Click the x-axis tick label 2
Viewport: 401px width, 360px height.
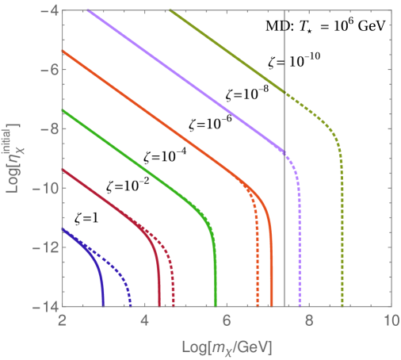pyautogui.click(x=62, y=322)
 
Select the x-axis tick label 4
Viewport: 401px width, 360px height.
pyautogui.click(x=144, y=322)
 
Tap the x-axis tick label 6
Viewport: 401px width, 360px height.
pyautogui.click(x=226, y=322)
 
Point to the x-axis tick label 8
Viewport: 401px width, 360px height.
pyautogui.click(x=308, y=322)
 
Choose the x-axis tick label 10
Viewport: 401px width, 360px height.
pyautogui.click(x=388, y=322)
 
